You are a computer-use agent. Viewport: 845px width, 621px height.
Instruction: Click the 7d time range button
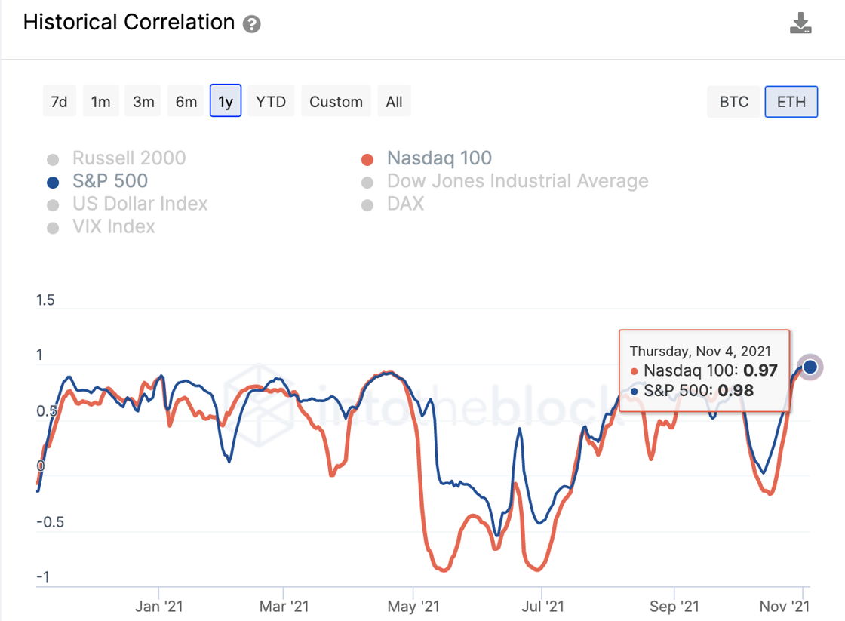[x=59, y=102]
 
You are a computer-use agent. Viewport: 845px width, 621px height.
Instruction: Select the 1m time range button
[x=101, y=102]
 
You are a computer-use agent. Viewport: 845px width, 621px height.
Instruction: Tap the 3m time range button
[x=143, y=102]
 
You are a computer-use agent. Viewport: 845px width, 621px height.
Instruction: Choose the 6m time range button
[x=186, y=102]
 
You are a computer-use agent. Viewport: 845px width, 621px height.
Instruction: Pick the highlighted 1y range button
[x=226, y=102]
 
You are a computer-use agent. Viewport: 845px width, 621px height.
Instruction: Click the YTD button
[x=271, y=102]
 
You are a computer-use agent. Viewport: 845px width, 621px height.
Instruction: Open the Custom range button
[x=336, y=102]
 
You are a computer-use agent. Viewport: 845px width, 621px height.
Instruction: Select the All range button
[x=394, y=102]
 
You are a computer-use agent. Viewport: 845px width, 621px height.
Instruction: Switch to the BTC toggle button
[x=733, y=102]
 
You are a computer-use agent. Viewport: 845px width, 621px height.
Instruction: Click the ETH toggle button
[x=791, y=102]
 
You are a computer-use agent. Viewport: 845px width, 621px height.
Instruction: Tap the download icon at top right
[x=800, y=23]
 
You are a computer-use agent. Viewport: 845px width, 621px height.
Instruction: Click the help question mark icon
[x=252, y=24]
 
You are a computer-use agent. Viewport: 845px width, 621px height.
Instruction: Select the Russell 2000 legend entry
[x=128, y=158]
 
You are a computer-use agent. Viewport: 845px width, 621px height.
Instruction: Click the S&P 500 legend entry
[x=109, y=181]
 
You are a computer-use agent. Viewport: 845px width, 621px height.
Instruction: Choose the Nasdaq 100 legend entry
[x=438, y=158]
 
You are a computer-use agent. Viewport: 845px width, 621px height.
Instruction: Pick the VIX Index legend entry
[x=113, y=226]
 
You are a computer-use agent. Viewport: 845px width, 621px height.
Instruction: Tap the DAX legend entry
[x=404, y=204]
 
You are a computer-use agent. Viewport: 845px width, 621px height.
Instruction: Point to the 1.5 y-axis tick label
[x=45, y=300]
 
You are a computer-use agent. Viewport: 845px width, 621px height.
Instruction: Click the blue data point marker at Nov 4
[x=810, y=367]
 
